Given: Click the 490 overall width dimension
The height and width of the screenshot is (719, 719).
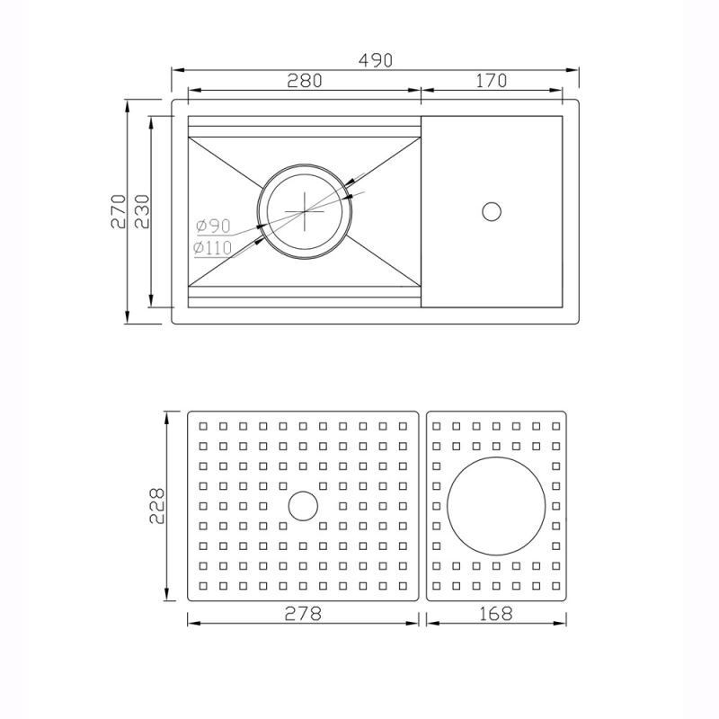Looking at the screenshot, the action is pos(376,60).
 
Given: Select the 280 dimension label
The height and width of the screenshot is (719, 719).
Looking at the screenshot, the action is pos(305,81).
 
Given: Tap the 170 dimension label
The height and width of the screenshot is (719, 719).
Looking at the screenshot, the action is pos(491,81).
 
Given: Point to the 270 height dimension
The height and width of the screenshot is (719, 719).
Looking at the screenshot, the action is pos(119,211).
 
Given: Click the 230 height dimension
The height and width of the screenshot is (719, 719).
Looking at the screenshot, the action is pos(142,211).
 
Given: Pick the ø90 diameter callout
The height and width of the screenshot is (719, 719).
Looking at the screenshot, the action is pos(213,226).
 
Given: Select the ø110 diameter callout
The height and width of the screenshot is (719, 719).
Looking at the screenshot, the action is pos(213,248).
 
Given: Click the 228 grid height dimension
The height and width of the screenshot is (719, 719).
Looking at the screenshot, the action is pos(156,506).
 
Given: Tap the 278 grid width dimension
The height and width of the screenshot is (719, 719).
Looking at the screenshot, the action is pos(303,613).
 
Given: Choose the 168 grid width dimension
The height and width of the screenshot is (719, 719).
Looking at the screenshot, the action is pos(496,613).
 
